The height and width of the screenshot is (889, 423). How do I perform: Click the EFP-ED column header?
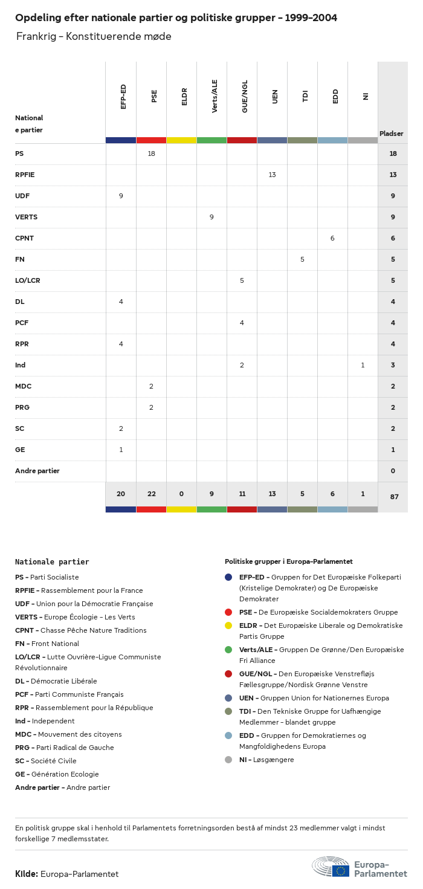click(x=123, y=96)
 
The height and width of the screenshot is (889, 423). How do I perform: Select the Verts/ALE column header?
click(x=215, y=96)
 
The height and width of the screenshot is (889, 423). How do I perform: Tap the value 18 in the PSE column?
click(x=151, y=154)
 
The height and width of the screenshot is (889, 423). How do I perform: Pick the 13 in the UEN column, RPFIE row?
click(x=272, y=175)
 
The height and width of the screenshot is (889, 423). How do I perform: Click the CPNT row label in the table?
click(x=24, y=238)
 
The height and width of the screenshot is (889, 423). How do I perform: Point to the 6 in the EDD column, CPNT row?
click(x=332, y=238)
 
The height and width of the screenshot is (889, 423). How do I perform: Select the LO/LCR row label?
click(x=28, y=280)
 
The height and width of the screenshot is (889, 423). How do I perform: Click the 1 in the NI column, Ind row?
click(x=363, y=365)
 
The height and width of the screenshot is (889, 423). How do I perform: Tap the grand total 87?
click(x=394, y=497)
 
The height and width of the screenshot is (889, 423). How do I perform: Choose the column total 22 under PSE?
click(x=151, y=494)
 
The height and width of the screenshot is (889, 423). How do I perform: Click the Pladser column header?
click(x=391, y=134)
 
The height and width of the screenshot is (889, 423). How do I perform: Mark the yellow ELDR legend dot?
click(x=228, y=626)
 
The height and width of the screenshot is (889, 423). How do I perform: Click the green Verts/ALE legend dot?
click(x=228, y=650)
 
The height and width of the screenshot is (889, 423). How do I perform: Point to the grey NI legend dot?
click(x=228, y=760)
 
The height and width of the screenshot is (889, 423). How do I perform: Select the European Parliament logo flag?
click(x=340, y=871)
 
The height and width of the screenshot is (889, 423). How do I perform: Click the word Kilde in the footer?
click(x=27, y=874)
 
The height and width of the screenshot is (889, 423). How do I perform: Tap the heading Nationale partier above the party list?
click(x=52, y=561)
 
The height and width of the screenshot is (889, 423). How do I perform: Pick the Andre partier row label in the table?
click(x=37, y=471)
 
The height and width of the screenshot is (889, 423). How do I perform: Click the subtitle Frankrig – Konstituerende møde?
click(x=94, y=36)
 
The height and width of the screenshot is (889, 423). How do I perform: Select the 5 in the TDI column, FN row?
click(x=302, y=259)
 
